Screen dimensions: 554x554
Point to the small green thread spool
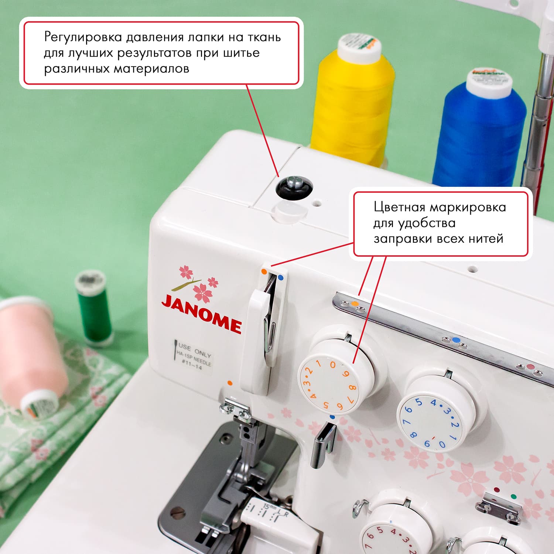click(x=94, y=307)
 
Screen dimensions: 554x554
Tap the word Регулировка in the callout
click(x=83, y=37)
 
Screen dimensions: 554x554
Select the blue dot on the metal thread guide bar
click(x=456, y=339)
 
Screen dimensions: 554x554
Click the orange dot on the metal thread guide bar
click(x=355, y=304)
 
